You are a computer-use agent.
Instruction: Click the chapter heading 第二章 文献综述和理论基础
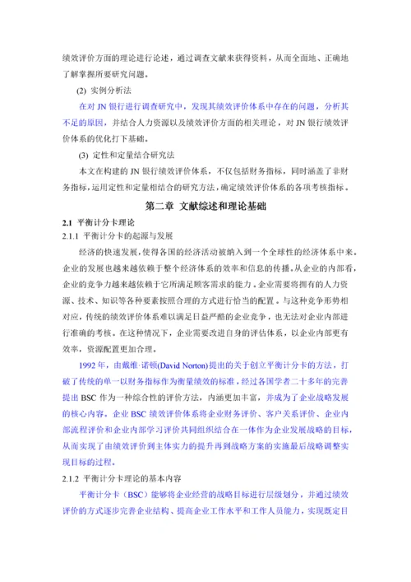pos(205,206)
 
